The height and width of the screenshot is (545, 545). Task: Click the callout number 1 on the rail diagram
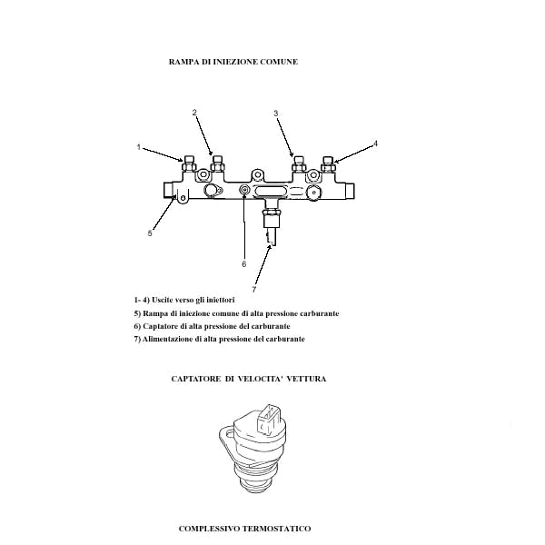(139, 147)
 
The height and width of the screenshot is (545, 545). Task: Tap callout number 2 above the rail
(194, 113)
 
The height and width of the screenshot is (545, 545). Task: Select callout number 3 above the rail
(275, 113)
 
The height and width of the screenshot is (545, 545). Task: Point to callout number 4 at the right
(375, 144)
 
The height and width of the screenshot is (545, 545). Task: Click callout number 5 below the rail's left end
(150, 233)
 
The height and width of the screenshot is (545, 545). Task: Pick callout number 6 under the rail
(244, 264)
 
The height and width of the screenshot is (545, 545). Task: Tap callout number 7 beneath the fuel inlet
(254, 290)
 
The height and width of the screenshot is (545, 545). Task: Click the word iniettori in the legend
(219, 300)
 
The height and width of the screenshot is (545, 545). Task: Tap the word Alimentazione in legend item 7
(167, 339)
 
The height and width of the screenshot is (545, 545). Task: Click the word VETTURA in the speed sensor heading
(307, 379)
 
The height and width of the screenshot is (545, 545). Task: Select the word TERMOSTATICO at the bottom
(276, 529)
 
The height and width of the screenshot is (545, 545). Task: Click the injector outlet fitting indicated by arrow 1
(189, 163)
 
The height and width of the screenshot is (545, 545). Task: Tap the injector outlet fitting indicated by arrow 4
(328, 164)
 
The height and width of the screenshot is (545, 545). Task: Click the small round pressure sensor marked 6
(244, 190)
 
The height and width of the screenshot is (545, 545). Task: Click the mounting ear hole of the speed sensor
(229, 433)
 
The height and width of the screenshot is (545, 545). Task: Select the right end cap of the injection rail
(350, 191)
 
